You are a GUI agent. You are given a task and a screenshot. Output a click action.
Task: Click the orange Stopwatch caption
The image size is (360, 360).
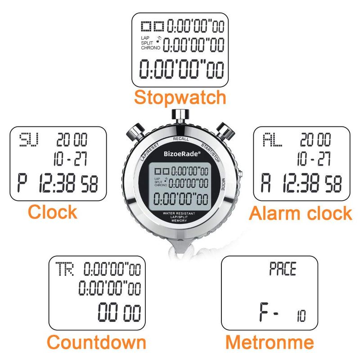click(x=180, y=98)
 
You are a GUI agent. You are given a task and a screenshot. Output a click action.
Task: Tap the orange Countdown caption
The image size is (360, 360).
click(x=96, y=342)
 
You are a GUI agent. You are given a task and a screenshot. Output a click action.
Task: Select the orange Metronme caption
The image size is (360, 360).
click(x=270, y=342)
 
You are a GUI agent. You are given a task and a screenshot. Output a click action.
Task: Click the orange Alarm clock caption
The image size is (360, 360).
click(x=300, y=213)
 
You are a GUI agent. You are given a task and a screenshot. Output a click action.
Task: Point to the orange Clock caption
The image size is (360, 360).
click(x=52, y=211)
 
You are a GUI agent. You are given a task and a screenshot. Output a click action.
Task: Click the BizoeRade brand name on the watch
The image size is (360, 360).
click(x=182, y=153)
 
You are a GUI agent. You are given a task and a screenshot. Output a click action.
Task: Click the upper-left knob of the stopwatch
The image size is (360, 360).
click(x=136, y=132)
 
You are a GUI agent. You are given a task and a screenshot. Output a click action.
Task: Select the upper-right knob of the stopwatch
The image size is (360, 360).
click(x=225, y=131)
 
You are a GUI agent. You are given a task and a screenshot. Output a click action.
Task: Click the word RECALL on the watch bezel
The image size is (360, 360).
click(x=181, y=139)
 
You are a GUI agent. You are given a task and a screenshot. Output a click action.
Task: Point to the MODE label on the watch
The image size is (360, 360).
click(x=223, y=184)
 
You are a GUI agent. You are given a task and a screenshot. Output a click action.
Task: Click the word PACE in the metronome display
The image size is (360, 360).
click(x=283, y=269)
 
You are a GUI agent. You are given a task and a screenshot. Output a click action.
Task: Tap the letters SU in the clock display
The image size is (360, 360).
click(x=29, y=139)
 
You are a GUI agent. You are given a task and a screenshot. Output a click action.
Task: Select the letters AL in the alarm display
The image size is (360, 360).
click(x=272, y=139)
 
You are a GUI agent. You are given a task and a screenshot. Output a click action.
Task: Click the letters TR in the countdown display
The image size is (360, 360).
click(x=65, y=269)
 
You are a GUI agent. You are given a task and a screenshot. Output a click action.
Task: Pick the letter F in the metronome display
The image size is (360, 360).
click(x=264, y=312)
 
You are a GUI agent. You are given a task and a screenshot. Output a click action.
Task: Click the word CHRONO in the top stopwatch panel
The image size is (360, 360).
click(x=151, y=48)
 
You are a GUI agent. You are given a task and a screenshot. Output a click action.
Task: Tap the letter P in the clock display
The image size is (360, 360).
click(x=22, y=183)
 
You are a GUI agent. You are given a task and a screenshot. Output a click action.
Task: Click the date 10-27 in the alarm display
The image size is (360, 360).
click(x=314, y=159)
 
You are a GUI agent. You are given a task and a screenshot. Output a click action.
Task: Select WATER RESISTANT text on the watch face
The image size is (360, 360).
click(x=179, y=213)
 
